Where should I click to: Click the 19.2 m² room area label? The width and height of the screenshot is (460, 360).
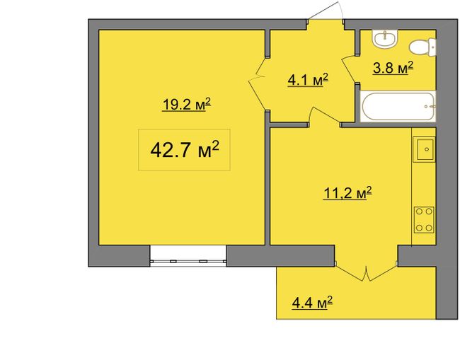click(187, 105)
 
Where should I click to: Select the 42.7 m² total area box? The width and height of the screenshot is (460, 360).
click(184, 149)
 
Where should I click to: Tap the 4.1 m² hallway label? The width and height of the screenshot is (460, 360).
click(308, 80)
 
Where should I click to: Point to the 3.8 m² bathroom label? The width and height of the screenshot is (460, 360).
click(393, 68)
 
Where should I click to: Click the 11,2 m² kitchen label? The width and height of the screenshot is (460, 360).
click(347, 193)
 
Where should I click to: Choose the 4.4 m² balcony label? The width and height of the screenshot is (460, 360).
click(312, 303)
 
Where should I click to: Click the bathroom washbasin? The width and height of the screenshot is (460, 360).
click(385, 38)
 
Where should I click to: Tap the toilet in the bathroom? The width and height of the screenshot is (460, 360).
click(422, 47)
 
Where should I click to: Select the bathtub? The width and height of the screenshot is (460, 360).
click(398, 106)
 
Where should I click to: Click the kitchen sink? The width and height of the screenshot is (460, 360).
click(424, 149)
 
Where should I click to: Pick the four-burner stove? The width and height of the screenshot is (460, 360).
click(424, 220)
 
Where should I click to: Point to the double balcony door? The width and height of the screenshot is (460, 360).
click(366, 272)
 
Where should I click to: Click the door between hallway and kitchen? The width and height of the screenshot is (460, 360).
click(324, 116)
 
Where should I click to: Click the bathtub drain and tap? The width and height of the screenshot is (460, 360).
click(430, 107)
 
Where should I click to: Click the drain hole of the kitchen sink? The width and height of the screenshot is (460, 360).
click(427, 149)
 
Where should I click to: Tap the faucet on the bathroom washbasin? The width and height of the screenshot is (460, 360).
click(385, 33)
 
